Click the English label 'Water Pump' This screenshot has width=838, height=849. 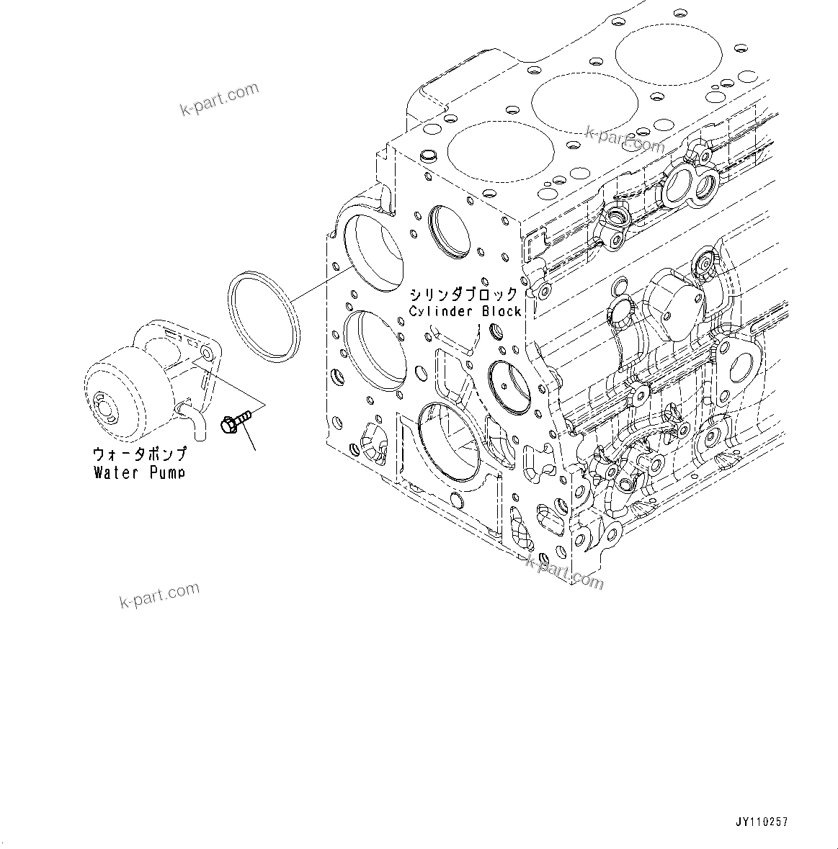pos(139,472)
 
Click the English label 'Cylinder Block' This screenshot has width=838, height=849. pos(465,311)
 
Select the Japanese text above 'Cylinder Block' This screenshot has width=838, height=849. pos(463,295)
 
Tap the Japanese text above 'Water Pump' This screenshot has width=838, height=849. pos(139,454)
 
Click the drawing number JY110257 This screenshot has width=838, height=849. pos(762,822)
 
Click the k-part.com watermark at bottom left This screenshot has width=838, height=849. pos(159,594)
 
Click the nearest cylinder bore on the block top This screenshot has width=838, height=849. pos(501,152)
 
